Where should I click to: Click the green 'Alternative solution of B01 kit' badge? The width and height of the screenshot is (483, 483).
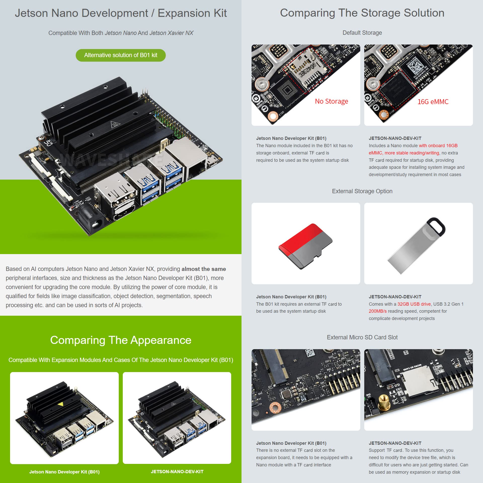(120, 55)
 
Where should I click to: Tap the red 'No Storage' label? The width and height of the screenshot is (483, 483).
(331, 101)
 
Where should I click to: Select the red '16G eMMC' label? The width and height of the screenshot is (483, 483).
(433, 102)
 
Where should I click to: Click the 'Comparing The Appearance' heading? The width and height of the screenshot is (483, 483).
(120, 340)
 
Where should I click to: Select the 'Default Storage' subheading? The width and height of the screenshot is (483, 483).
(362, 33)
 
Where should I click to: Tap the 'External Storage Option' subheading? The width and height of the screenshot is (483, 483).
(362, 191)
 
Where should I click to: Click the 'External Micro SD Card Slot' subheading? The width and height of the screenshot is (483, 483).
(362, 337)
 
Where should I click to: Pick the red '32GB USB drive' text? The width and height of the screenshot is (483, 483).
(414, 304)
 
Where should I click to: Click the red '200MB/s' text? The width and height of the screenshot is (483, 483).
(378, 311)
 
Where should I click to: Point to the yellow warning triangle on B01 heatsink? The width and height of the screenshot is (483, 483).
(60, 404)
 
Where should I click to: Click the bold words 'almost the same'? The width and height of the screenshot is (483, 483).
(204, 269)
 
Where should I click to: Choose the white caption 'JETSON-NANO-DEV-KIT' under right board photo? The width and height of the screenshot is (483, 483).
(177, 472)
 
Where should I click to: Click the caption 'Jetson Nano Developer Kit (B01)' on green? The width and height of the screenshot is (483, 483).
(64, 472)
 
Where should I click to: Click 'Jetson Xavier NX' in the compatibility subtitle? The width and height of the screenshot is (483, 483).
(171, 33)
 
